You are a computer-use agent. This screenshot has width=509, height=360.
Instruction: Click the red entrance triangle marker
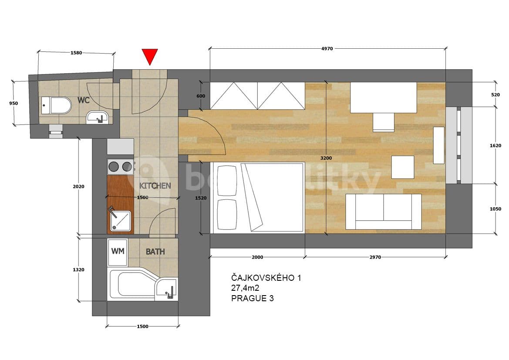pyautogui.click(x=149, y=57)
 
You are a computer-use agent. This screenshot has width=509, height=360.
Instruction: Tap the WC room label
pyautogui.click(x=84, y=100)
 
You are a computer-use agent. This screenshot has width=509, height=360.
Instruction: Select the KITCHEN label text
pyautogui.click(x=155, y=186)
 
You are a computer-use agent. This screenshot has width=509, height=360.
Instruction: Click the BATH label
pyautogui.click(x=155, y=252)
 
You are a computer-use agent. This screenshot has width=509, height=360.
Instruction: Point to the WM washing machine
pyautogui.click(x=118, y=252)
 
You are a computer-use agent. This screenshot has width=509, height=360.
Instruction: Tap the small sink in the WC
pyautogui.click(x=97, y=117)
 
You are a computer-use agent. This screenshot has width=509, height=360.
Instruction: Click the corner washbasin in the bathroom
pyautogui.click(x=168, y=288)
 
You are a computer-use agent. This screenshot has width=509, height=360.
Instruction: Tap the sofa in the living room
pyautogui.click(x=383, y=212)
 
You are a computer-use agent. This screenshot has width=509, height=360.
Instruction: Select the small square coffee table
pyautogui.click(x=402, y=167)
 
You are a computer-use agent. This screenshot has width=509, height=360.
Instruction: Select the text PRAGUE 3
pyautogui.click(x=253, y=298)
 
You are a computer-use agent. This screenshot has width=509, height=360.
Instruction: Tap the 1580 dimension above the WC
pyautogui.click(x=77, y=53)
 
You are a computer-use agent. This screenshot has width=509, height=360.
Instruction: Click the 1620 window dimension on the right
pyautogui.click(x=495, y=145)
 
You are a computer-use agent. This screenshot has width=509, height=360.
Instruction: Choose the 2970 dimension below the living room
pyautogui.click(x=375, y=257)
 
